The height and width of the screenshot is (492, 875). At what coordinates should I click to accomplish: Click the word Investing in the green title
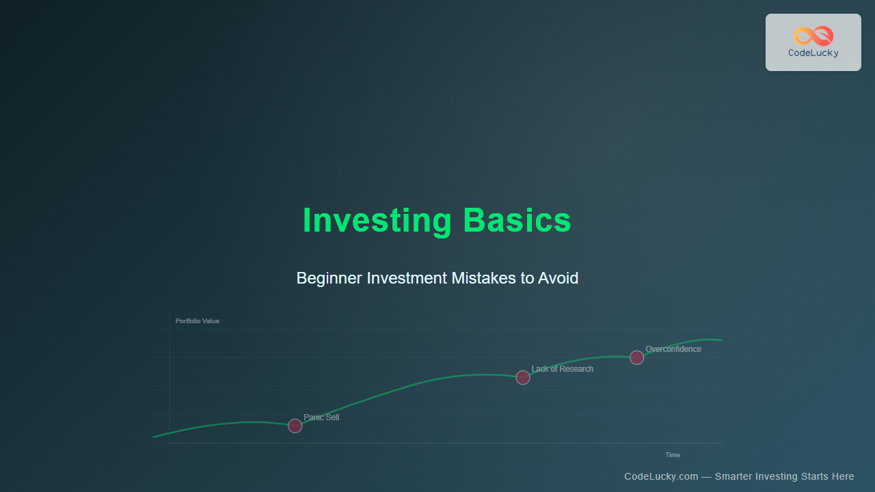pos(377,221)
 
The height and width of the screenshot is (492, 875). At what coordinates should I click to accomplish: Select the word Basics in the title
pos(517,220)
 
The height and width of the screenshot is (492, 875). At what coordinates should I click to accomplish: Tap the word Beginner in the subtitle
pos(329,278)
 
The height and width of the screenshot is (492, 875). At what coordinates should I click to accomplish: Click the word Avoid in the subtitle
pos(558,278)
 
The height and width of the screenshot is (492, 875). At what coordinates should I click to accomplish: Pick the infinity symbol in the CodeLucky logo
pos(813,36)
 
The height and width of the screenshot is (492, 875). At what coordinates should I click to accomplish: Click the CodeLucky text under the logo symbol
pos(813,53)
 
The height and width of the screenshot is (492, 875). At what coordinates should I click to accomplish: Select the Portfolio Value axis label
pos(198,321)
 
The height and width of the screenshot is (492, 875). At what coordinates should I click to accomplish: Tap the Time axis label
pos(673,455)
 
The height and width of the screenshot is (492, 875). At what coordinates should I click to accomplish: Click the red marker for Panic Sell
pos(295,426)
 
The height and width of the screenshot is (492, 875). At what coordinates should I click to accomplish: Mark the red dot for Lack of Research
pos(523,378)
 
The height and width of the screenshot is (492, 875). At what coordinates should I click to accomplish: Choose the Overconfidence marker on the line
pos(636,357)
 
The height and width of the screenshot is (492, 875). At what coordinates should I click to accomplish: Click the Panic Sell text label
pos(321,418)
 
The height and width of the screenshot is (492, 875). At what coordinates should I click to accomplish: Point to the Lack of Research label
pos(563,369)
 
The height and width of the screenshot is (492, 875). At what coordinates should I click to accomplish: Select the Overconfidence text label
pos(673,349)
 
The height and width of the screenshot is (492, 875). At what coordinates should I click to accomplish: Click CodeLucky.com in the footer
pos(661,476)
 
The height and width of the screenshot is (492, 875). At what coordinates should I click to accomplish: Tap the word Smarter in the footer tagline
pos(733,476)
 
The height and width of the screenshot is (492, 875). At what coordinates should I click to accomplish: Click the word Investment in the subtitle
pos(407,278)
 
